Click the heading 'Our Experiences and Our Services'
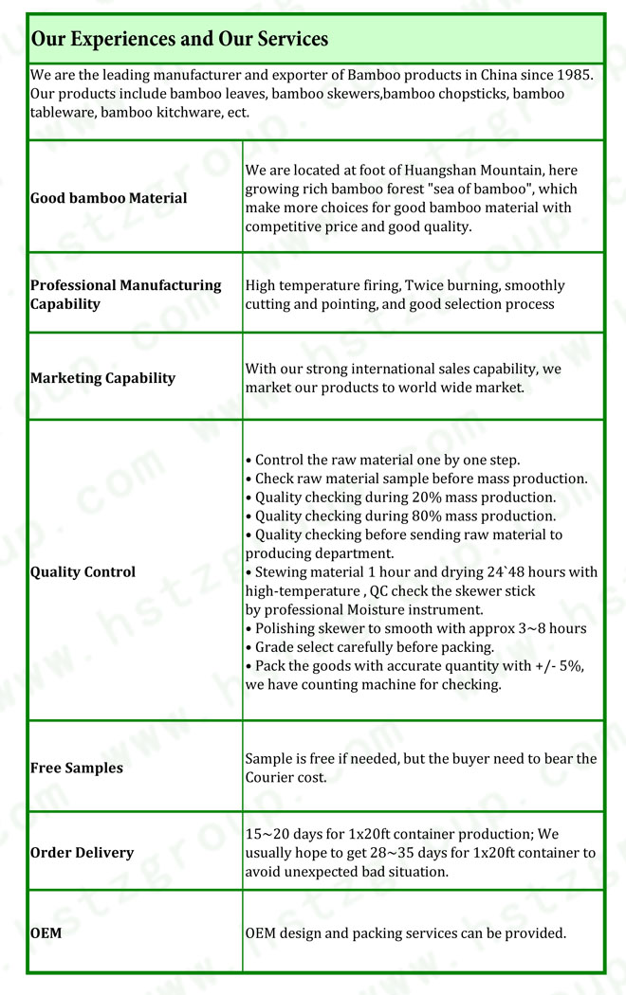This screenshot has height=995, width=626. tap(180, 40)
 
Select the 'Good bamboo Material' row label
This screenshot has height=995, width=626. tap(109, 198)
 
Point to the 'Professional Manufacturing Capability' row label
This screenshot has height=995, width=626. tap(126, 295)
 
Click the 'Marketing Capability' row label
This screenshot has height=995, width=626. tap(103, 378)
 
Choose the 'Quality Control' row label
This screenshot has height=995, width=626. tap(83, 572)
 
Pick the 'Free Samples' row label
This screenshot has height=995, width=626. tap(77, 769)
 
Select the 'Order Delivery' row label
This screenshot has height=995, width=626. tap(83, 853)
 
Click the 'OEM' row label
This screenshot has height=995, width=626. tap(46, 933)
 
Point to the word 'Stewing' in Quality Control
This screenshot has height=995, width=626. tap(285, 572)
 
